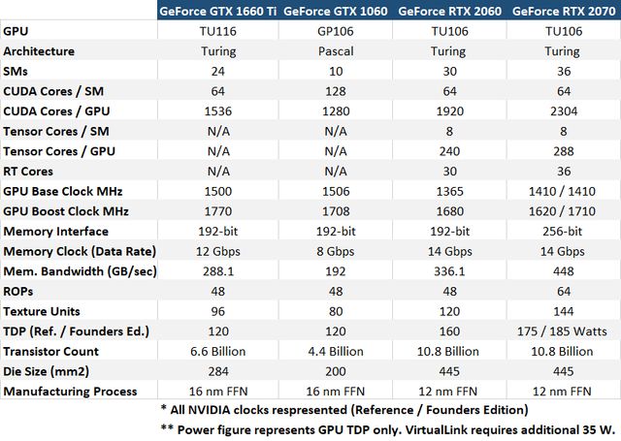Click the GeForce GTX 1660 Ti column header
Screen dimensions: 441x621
tap(218, 12)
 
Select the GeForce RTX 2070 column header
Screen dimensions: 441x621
tap(564, 12)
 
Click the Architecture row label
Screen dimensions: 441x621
tap(39, 50)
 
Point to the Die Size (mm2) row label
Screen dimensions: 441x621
tap(47, 371)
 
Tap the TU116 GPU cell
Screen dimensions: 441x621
tap(218, 31)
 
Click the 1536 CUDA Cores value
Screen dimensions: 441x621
tap(218, 110)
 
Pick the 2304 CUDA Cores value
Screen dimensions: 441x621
tap(564, 110)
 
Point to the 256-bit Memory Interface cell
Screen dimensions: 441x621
tap(564, 231)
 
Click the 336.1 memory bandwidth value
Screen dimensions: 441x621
tap(449, 271)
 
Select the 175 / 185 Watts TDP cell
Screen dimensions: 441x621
tap(564, 331)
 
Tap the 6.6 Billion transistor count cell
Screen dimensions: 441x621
tap(218, 352)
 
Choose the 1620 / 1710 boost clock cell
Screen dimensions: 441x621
tap(564, 211)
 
